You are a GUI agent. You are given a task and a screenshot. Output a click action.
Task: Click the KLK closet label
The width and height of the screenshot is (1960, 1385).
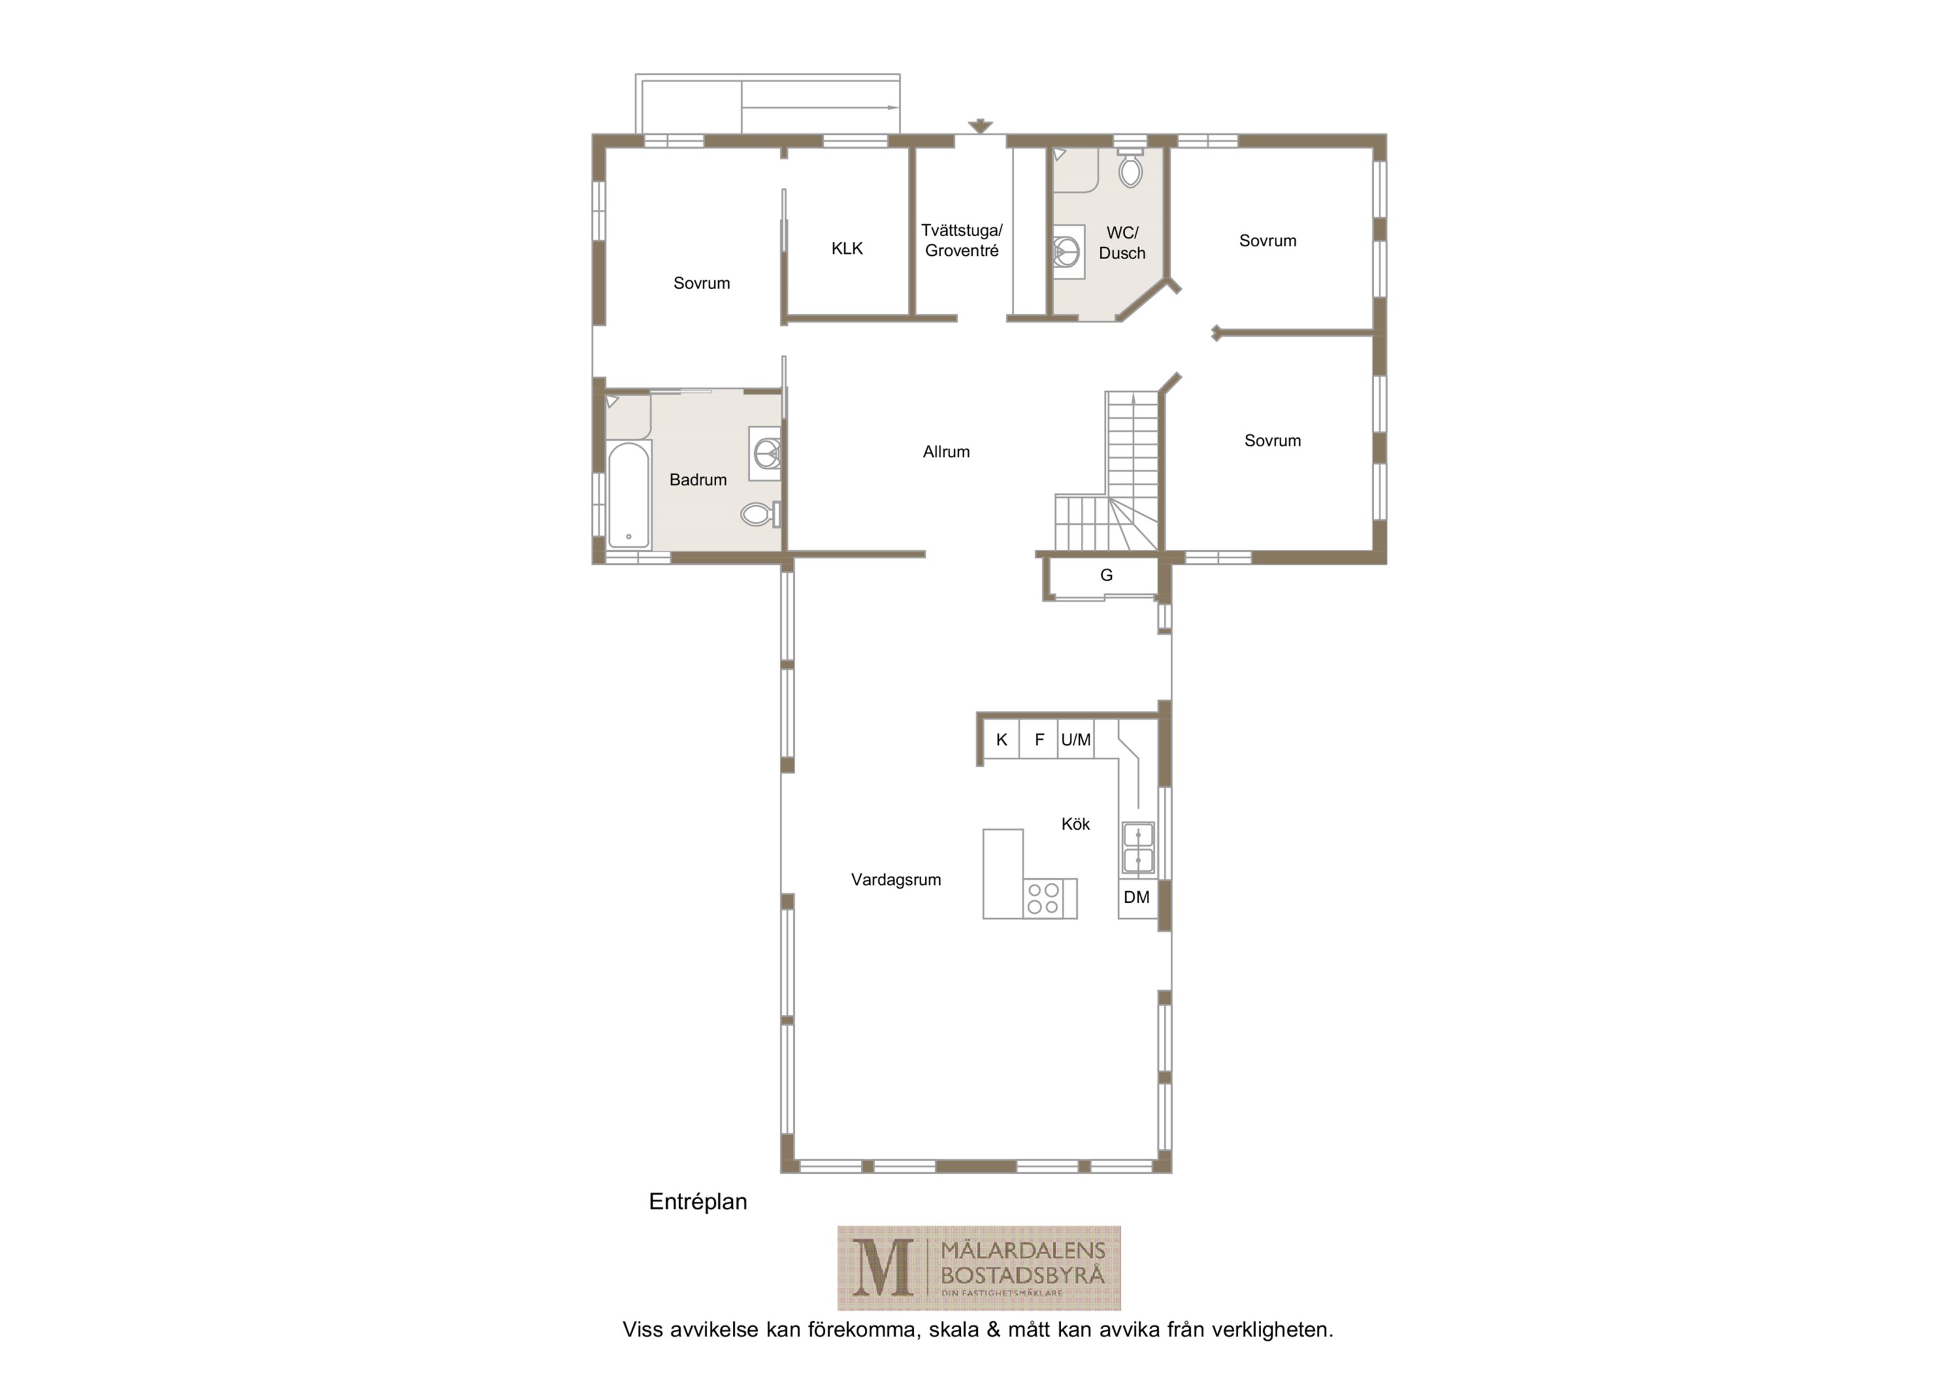847,249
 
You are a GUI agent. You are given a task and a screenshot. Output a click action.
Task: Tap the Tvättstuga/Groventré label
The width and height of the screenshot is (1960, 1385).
962,241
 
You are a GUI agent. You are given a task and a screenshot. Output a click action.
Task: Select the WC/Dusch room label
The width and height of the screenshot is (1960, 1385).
1122,242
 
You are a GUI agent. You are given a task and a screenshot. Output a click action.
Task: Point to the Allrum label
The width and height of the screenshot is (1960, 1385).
946,451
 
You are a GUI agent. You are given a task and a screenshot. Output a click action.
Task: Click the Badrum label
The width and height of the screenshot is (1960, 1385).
698,480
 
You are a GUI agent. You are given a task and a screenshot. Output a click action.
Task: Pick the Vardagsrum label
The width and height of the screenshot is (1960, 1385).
896,880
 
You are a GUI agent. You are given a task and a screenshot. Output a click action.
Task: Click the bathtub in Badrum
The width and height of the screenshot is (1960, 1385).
629,495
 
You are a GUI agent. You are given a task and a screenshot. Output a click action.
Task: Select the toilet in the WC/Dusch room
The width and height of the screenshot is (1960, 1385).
1130,167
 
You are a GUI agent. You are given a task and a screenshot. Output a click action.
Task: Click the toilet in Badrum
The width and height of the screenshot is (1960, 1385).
760,514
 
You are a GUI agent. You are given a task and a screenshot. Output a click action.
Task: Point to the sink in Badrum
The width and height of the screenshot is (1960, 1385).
766,453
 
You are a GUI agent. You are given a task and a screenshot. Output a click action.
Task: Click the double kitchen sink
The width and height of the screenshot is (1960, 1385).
1138,848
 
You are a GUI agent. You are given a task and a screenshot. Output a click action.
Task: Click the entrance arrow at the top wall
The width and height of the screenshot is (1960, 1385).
980,126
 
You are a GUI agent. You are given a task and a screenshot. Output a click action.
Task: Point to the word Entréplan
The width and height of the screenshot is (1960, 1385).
698,1202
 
